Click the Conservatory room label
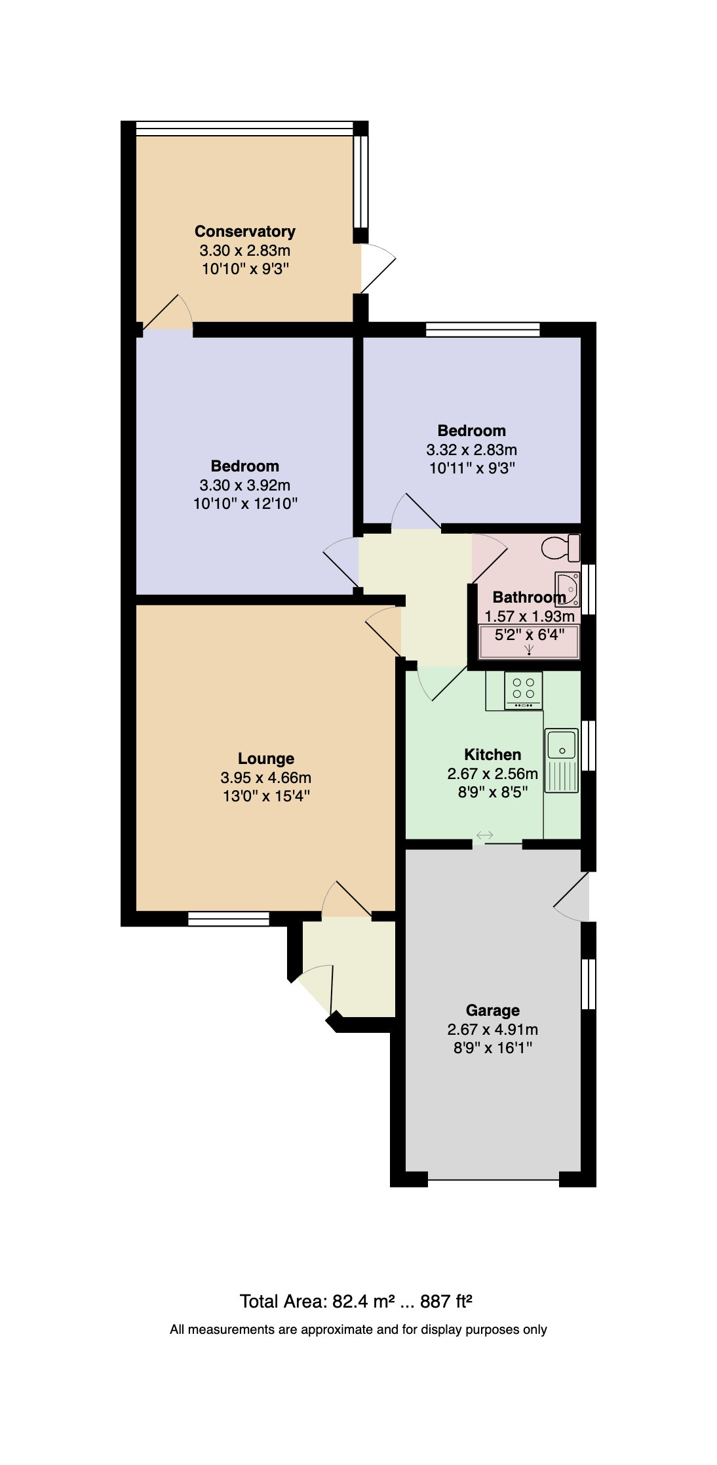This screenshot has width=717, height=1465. pos(244,231)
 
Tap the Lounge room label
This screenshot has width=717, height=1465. pos(265,759)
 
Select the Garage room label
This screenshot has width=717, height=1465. pos(492,1011)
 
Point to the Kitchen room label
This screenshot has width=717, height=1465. pos(492,754)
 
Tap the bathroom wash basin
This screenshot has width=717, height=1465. pos(567,588)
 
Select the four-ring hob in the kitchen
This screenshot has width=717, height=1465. pos(524,690)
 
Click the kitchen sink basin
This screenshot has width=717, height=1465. pos(562,745)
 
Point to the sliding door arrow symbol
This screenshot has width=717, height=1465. pos(484,835)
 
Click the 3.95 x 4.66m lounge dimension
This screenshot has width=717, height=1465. pos(265,778)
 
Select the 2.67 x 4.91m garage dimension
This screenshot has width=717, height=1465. pos(492,1030)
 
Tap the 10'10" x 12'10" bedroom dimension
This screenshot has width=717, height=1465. pos(245,504)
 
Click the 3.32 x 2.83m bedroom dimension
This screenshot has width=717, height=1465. pos(471,450)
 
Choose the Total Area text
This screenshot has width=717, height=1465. pos(356,1302)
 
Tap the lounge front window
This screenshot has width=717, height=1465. pos(229,919)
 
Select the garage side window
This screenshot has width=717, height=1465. pos(589,984)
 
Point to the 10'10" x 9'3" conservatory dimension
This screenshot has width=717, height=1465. pos(245,269)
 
